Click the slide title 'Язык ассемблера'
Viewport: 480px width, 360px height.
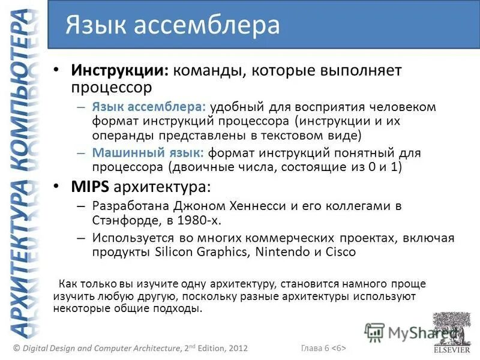(x=173, y=25)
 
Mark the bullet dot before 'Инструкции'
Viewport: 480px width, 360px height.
(x=56, y=70)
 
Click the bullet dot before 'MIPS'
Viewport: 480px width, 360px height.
(x=56, y=187)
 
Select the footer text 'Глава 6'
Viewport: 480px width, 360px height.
(x=314, y=348)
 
